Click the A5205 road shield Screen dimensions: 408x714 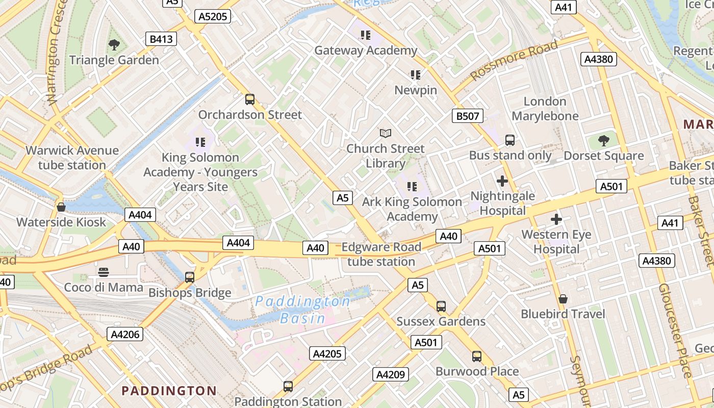tap(213, 17)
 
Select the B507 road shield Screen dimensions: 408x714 tap(467, 116)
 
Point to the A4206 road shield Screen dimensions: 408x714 tap(124, 334)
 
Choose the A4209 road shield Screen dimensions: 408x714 tap(390, 374)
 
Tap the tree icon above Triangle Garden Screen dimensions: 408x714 tap(114, 45)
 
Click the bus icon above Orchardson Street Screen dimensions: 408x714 tap(250, 99)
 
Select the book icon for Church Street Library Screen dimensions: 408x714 tap(386, 134)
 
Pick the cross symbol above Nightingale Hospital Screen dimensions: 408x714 tap(502, 181)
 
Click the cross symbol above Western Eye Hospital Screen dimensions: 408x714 tap(556, 220)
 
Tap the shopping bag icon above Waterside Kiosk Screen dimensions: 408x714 tap(61, 207)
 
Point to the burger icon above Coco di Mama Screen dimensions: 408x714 tap(104, 272)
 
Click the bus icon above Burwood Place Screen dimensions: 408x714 tap(477, 356)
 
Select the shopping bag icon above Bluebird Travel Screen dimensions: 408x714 tap(563, 299)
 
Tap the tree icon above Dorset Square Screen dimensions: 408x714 tap(604, 140)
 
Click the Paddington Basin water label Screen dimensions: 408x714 tap(303, 310)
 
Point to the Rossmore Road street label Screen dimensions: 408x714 tap(514, 61)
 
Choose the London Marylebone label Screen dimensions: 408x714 tap(545, 109)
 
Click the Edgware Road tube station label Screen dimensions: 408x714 tap(381, 254)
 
